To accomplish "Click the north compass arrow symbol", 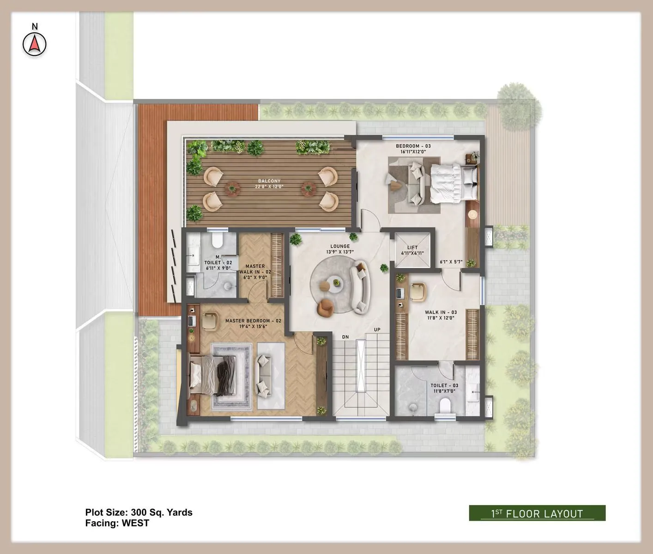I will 35,44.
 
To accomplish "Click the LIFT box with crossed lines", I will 412,250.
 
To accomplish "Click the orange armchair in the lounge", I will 326,308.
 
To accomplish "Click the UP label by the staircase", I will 377,329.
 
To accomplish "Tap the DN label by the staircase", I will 345,337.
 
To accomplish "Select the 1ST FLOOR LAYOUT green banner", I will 537,513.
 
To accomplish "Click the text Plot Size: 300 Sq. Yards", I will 139,512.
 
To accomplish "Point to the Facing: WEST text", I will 117,523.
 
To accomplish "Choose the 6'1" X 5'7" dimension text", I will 451,262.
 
